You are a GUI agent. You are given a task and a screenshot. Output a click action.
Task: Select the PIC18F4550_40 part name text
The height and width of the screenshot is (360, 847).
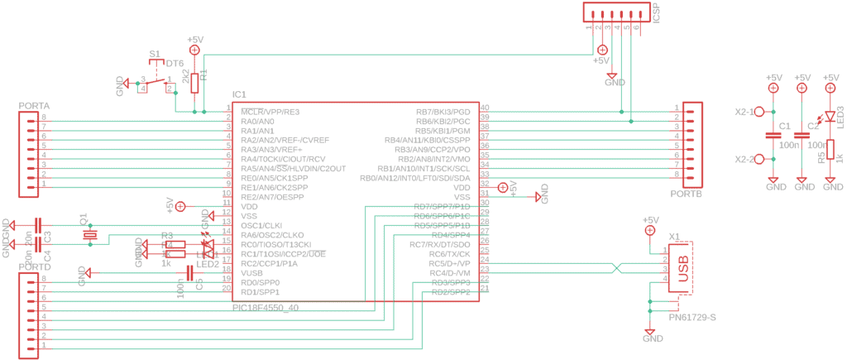[266, 307]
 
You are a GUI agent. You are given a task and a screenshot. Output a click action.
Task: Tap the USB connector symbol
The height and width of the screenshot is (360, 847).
[682, 270]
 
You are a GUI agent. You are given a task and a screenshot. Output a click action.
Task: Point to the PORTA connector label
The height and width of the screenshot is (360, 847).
[34, 107]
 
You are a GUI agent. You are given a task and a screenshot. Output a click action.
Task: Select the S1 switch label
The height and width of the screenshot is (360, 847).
[155, 54]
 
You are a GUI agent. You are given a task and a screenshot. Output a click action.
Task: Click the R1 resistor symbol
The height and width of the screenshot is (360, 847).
[195, 83]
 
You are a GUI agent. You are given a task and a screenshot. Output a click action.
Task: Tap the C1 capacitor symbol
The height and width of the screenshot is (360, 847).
[773, 135]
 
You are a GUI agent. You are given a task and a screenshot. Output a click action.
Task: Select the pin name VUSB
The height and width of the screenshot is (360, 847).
[251, 272]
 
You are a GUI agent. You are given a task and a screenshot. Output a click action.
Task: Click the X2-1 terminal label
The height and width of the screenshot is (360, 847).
[745, 112]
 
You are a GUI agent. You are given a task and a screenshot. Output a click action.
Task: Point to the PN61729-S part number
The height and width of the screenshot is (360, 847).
[691, 317]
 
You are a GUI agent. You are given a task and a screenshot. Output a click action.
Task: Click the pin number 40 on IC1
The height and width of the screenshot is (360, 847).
[485, 108]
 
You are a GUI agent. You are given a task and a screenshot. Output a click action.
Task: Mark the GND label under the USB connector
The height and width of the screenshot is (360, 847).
[653, 338]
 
